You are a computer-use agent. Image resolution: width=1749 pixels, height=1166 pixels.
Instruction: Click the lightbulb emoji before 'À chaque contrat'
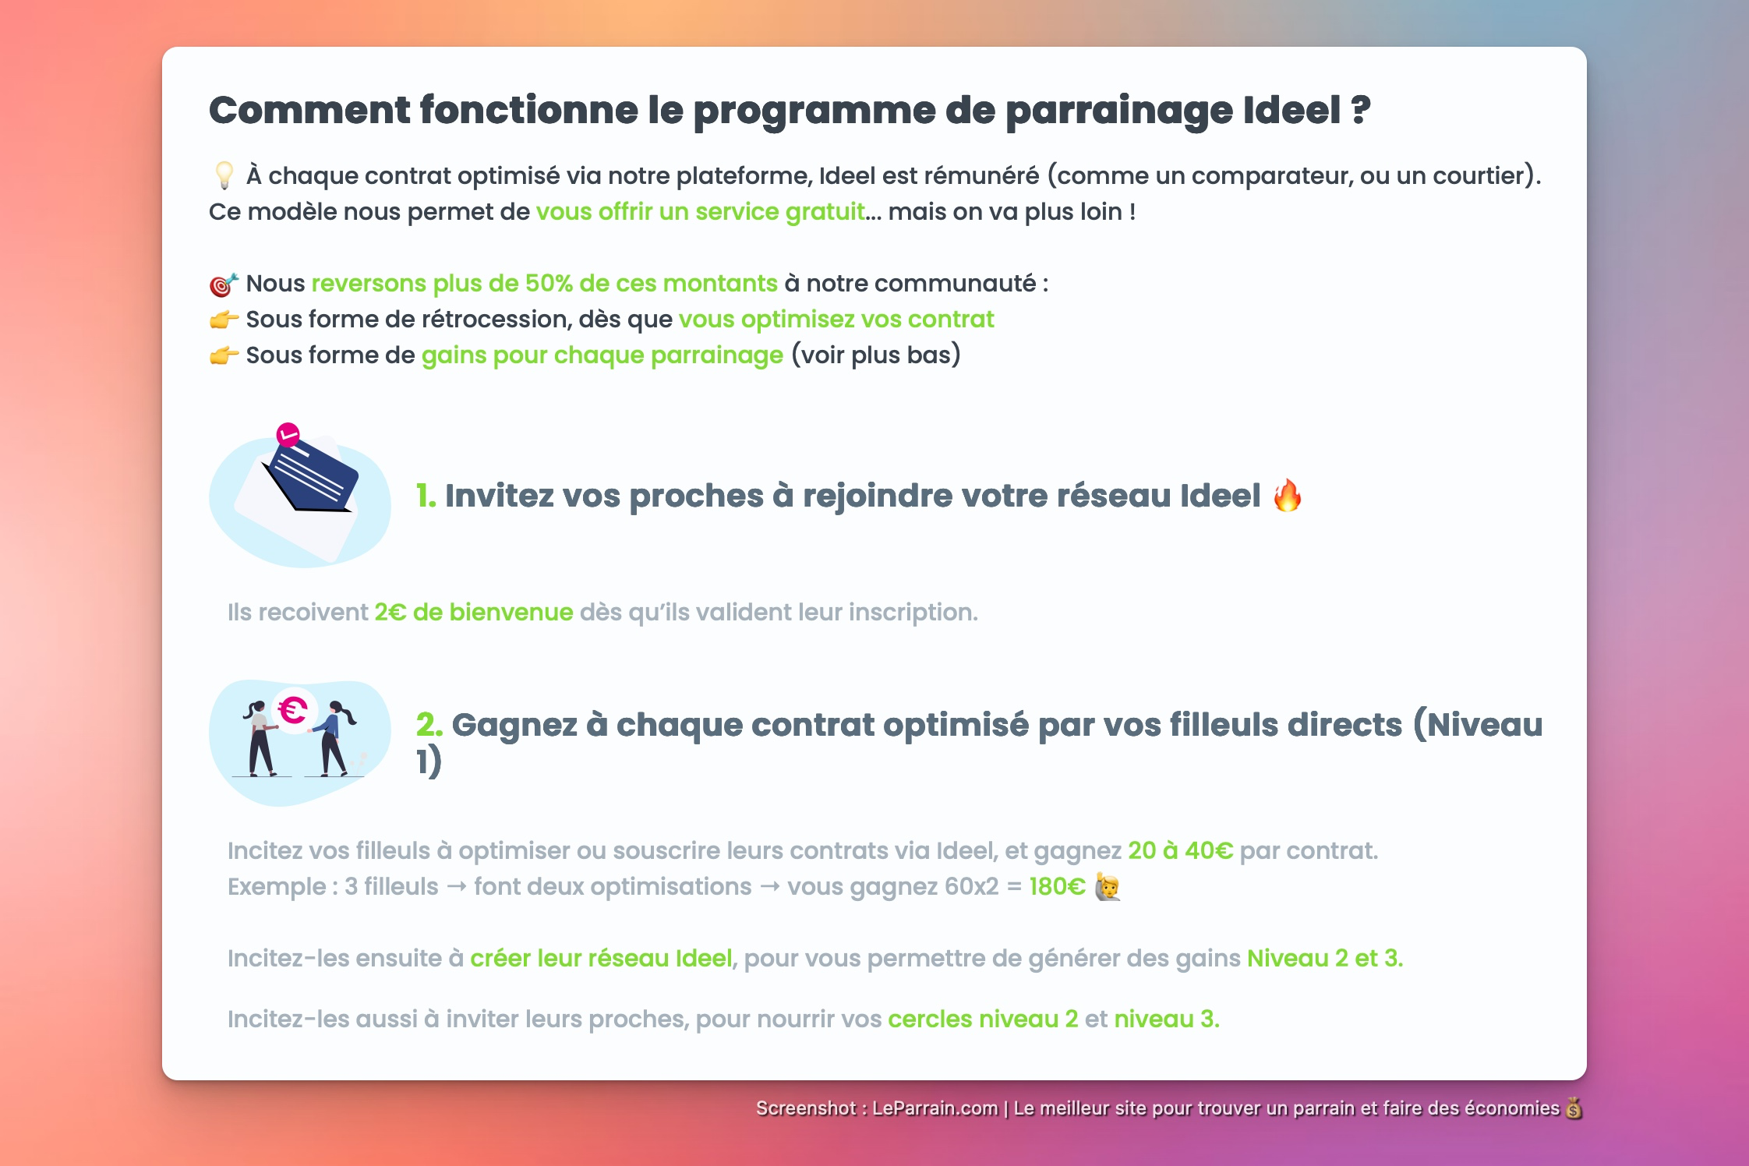(224, 175)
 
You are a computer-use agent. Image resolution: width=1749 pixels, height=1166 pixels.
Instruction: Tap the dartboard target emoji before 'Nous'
(224, 284)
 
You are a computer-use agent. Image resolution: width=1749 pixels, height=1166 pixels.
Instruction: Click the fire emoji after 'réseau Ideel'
(1287, 496)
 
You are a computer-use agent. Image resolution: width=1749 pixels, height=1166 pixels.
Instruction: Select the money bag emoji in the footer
(1574, 1108)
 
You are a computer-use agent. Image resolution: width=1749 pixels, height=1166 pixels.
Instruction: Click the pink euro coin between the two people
(294, 710)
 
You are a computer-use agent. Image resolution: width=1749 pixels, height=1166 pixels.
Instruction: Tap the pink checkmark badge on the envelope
(288, 434)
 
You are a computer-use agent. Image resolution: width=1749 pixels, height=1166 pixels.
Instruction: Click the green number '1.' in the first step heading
(426, 496)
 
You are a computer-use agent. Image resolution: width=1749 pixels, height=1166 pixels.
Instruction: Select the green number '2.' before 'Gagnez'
(429, 725)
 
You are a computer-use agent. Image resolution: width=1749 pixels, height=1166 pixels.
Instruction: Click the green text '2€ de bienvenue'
(473, 613)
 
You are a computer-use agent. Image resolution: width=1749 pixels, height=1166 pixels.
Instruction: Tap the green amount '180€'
(1057, 887)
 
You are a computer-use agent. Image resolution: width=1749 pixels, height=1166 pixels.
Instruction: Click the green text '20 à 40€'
(1180, 850)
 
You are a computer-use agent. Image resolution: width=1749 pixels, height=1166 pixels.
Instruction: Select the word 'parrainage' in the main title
(1119, 110)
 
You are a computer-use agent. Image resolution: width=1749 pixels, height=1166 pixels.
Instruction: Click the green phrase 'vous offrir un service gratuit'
(700, 212)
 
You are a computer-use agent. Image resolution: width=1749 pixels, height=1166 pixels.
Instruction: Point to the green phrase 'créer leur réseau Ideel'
(601, 958)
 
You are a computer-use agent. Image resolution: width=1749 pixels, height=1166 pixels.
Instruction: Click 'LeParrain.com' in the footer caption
(935, 1108)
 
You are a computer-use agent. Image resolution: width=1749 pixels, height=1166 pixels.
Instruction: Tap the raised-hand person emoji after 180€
(1108, 887)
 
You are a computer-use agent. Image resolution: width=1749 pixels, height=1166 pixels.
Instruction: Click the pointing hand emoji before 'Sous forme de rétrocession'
(224, 320)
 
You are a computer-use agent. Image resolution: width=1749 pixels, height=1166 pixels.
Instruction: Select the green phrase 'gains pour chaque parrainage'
(602, 355)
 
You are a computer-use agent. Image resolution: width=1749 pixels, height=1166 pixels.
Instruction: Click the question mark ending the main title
(1361, 110)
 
